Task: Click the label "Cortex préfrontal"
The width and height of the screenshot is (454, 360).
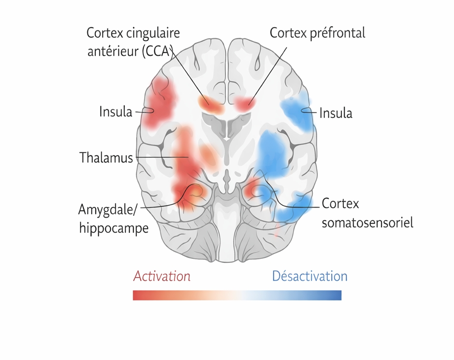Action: (x=317, y=33)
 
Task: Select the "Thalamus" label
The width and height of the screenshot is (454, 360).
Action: (x=106, y=157)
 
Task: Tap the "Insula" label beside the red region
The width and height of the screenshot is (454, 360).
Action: (x=116, y=112)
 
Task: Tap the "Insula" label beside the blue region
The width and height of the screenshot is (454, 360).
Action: (x=336, y=113)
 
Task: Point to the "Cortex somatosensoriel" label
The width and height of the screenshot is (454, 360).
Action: (x=367, y=213)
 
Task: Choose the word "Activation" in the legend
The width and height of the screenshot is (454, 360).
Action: (x=161, y=276)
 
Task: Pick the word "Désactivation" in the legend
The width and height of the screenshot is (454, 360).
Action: (x=309, y=276)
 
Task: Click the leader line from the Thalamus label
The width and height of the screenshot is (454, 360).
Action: (x=162, y=157)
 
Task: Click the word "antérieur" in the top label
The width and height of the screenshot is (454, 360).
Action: (x=113, y=51)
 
